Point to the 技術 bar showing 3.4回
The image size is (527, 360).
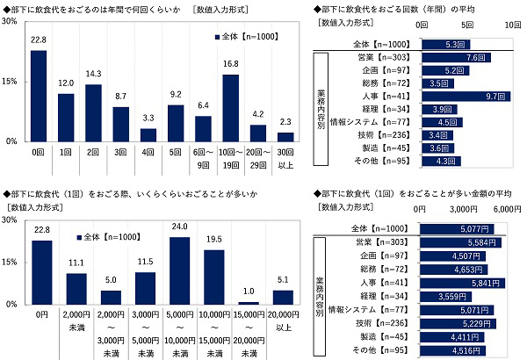(x=437, y=134)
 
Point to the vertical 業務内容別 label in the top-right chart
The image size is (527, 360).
(x=321, y=108)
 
